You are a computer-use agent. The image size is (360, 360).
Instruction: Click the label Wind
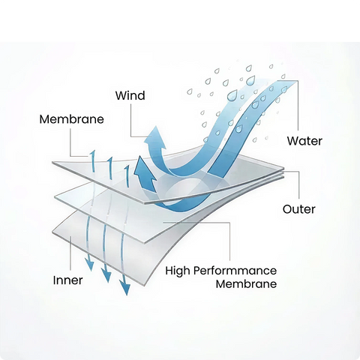130,96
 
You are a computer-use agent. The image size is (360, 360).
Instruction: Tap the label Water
304,141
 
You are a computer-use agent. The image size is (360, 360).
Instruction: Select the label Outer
299,209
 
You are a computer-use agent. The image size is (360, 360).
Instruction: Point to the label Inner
67,280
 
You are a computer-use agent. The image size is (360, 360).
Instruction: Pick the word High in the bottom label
178,271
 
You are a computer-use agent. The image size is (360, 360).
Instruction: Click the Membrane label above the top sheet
71,119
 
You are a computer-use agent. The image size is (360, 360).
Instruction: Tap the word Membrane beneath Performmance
246,284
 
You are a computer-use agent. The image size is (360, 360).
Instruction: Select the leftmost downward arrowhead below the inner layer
89,264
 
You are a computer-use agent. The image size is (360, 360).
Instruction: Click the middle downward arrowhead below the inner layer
106,274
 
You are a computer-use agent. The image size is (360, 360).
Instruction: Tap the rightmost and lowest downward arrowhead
124,286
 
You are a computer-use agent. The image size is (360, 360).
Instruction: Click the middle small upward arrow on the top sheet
110,168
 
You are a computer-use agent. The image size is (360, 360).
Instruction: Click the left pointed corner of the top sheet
52,163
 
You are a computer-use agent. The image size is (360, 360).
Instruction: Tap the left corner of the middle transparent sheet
55,196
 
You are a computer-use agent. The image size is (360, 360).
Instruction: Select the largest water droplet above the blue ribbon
232,95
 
